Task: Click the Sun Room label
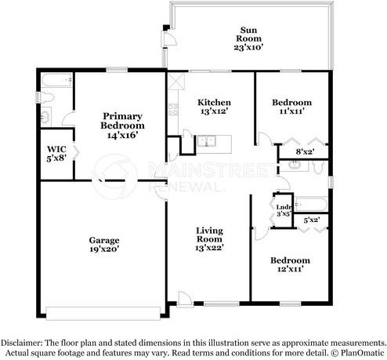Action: point(248,35)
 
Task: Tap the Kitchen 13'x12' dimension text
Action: point(215,111)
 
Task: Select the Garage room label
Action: point(104,240)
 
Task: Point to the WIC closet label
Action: point(56,149)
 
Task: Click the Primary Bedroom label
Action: point(122,121)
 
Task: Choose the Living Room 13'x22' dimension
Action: point(209,248)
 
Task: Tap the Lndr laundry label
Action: point(284,207)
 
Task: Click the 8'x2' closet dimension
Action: point(305,151)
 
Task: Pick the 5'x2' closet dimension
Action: point(312,220)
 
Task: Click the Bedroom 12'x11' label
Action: point(291,264)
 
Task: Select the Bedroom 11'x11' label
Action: point(291,107)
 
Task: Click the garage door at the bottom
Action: point(103,314)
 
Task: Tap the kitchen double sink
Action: point(206,141)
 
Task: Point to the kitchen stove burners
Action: point(173,110)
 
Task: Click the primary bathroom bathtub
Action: point(56,81)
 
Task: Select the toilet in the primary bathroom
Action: point(45,97)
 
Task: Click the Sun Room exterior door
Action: point(169,39)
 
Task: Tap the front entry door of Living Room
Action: point(185,299)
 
